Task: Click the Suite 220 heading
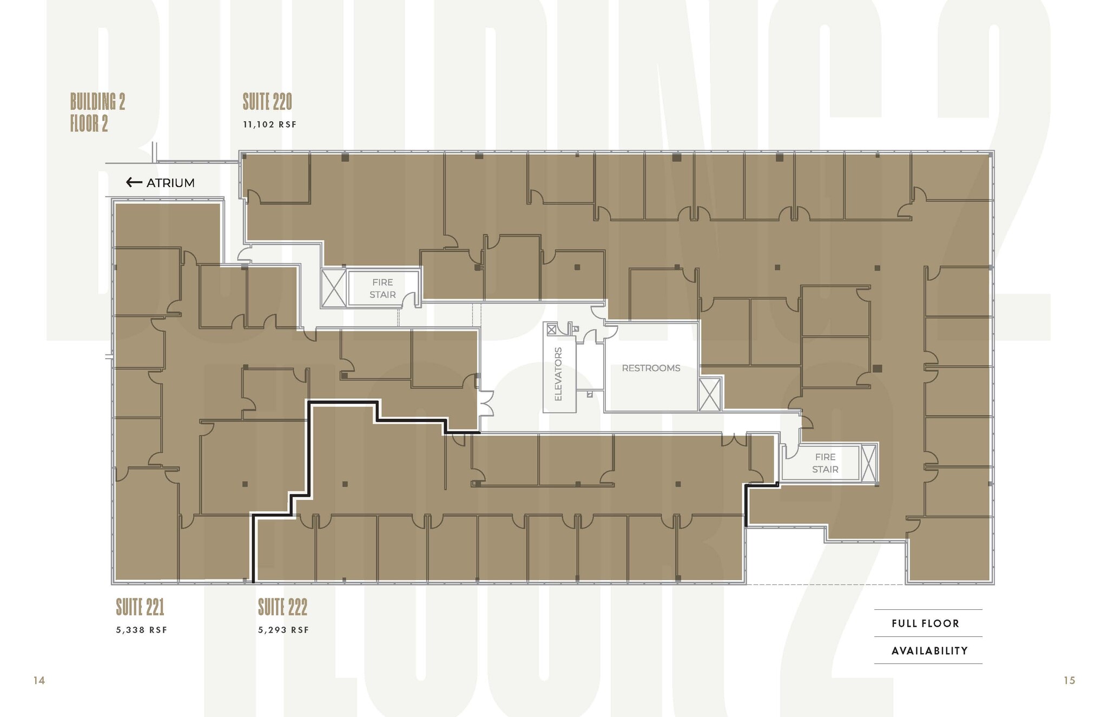(x=267, y=102)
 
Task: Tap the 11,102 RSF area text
(x=269, y=124)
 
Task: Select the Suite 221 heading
(x=140, y=607)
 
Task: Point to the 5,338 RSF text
(x=141, y=630)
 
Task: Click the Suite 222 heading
(x=282, y=607)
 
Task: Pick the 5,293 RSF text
(x=283, y=630)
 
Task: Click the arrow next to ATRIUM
(x=134, y=182)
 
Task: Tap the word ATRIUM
(x=170, y=183)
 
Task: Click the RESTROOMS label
(x=651, y=368)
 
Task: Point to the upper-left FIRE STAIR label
(x=382, y=288)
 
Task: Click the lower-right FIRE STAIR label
(x=825, y=463)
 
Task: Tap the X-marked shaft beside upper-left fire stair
(x=333, y=288)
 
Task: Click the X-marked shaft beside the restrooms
(x=709, y=394)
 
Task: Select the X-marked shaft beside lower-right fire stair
(x=869, y=463)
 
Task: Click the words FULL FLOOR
(x=925, y=623)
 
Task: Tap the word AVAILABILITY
(x=929, y=650)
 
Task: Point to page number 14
(x=39, y=680)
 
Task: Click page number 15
(x=1069, y=680)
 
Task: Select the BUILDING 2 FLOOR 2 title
(x=97, y=113)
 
